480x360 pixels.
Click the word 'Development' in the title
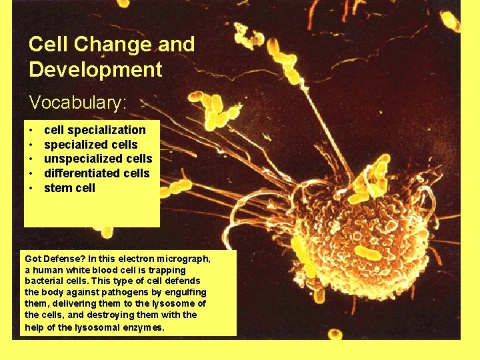pyautogui.click(x=95, y=69)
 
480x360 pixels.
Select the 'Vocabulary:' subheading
pyautogui.click(x=77, y=103)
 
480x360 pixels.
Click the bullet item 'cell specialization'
pyautogui.click(x=94, y=130)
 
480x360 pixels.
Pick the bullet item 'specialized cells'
pyautogui.click(x=91, y=145)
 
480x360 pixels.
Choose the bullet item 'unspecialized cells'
pyautogui.click(x=98, y=159)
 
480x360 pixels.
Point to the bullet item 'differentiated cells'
pyautogui.click(x=97, y=173)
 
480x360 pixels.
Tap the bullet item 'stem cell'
pyautogui.click(x=69, y=188)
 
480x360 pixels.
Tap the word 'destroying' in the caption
pyautogui.click(x=105, y=315)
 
